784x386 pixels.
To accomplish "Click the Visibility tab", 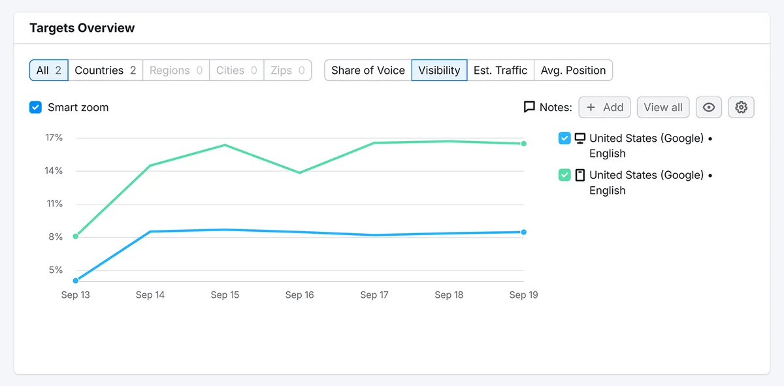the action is pyautogui.click(x=439, y=71).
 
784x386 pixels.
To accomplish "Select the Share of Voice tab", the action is pyautogui.click(x=368, y=71).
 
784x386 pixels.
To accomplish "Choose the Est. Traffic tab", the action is pyautogui.click(x=500, y=71).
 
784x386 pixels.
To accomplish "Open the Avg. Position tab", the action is pyautogui.click(x=574, y=71).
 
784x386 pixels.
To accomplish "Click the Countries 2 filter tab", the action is pyautogui.click(x=105, y=71).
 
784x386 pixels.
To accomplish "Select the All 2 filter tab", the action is pyautogui.click(x=49, y=71).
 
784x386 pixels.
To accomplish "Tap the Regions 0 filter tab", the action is pyautogui.click(x=176, y=71).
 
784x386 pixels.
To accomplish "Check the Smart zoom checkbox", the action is pyautogui.click(x=35, y=107).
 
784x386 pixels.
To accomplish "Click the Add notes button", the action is pyautogui.click(x=604, y=107).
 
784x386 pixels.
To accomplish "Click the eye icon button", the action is pyautogui.click(x=709, y=107).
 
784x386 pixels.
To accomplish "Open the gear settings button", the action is pyautogui.click(x=742, y=107).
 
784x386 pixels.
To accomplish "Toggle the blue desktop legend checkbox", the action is pyautogui.click(x=564, y=138).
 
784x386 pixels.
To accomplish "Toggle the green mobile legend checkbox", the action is pyautogui.click(x=564, y=175).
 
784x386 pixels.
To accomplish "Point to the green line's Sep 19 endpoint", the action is pyautogui.click(x=523, y=144).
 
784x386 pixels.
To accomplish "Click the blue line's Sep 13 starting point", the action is pyautogui.click(x=76, y=281).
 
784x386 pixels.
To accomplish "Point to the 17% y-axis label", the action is pyautogui.click(x=54, y=138).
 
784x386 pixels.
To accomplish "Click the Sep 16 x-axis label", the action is pyautogui.click(x=300, y=295).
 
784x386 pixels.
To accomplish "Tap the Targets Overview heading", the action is pyautogui.click(x=82, y=28).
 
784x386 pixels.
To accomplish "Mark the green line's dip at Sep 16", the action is pyautogui.click(x=300, y=172).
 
